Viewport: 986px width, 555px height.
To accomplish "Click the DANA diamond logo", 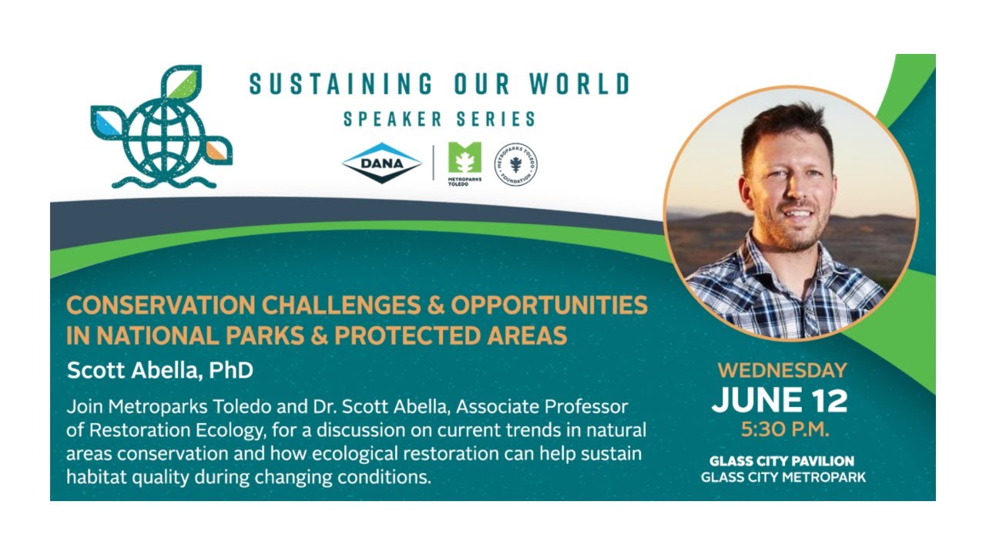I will coord(381,162).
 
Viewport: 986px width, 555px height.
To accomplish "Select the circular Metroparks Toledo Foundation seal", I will coord(515,163).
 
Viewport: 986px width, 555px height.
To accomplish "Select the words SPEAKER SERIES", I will coord(439,119).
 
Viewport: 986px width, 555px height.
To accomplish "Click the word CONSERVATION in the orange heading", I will coord(159,306).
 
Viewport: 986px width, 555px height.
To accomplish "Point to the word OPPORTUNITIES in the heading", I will coord(549,306).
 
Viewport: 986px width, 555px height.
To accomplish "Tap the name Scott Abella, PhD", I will coord(160,370).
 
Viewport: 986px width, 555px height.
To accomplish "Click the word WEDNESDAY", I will coord(782,370).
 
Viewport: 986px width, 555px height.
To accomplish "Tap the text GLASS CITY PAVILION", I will coord(782,461).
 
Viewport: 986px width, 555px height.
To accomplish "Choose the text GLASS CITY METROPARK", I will coord(783,477).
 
